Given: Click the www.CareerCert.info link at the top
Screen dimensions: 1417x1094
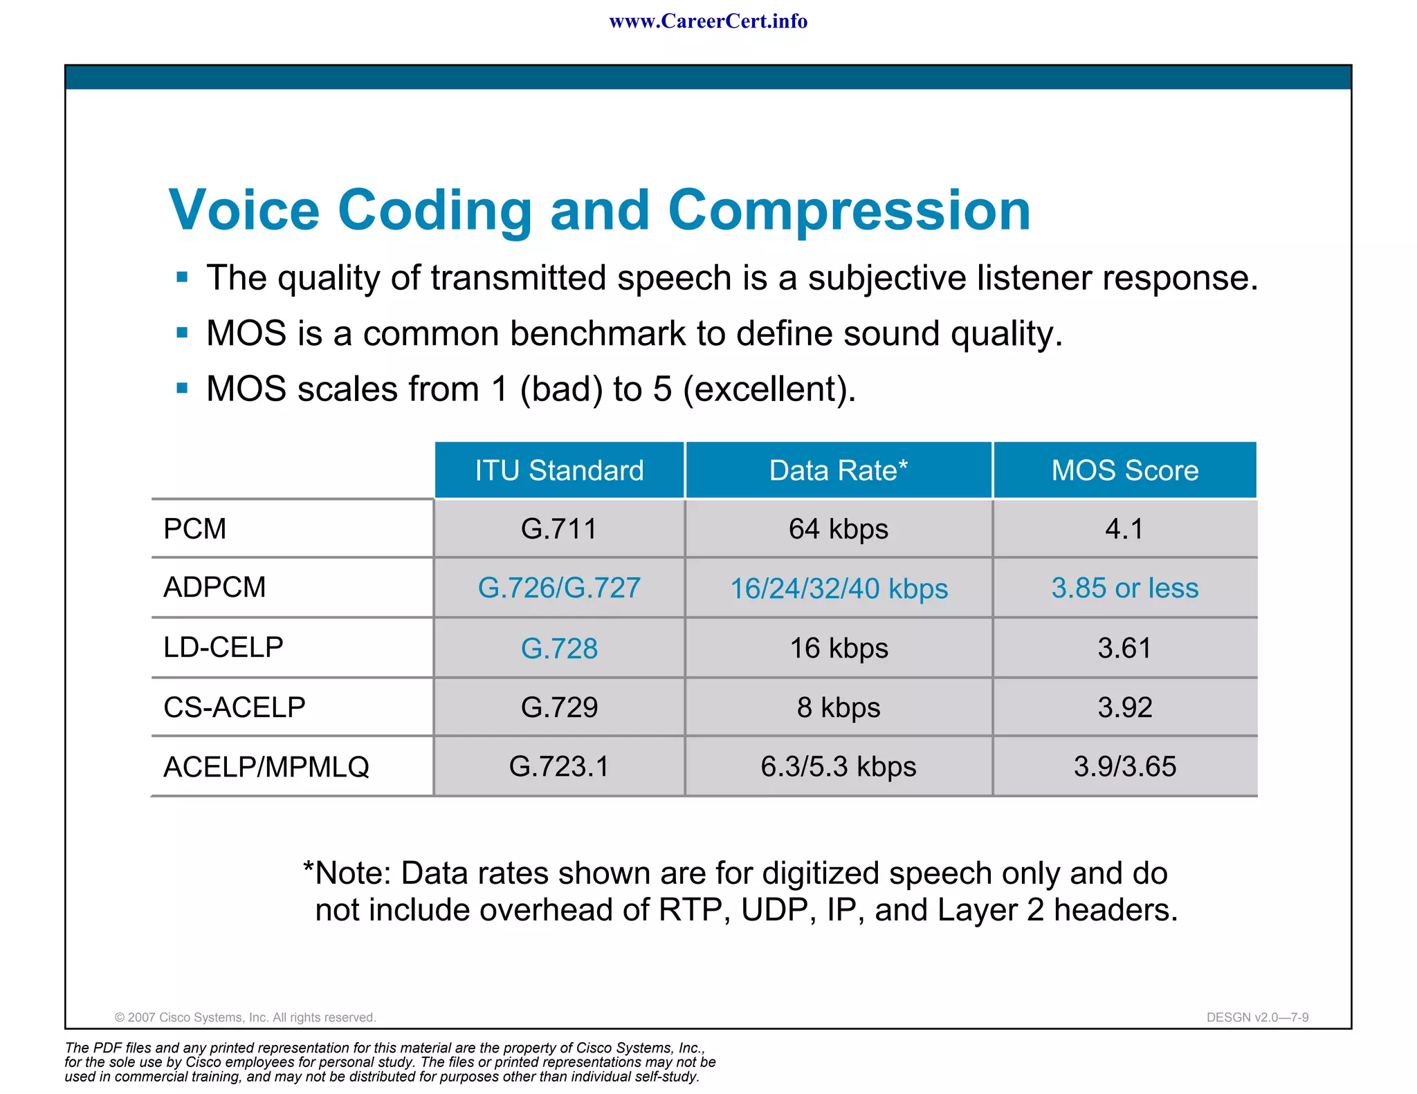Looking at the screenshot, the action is point(708,21).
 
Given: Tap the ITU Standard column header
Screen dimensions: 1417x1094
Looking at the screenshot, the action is point(559,470).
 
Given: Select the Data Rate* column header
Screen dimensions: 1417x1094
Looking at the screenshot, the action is point(838,470).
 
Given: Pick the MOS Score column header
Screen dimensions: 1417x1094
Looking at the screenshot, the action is point(1124,470).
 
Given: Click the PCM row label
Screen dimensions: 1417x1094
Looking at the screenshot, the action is point(195,529).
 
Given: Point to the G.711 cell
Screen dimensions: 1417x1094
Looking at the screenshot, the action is point(559,529).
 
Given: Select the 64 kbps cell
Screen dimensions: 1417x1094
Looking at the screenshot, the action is point(838,529).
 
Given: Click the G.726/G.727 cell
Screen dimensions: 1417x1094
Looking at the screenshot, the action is point(559,588).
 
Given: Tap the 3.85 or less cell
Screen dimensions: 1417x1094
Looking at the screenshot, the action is point(1124,588).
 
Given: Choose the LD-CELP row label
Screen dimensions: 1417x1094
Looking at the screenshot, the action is point(223,647).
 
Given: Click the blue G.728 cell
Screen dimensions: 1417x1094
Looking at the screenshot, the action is point(559,649).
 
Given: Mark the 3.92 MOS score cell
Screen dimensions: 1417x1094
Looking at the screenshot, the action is point(1124,707).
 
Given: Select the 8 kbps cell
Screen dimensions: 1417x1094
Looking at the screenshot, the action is point(838,707).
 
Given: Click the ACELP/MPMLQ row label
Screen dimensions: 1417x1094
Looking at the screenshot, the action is point(266,767).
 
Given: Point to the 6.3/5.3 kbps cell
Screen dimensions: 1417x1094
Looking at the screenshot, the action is point(838,767).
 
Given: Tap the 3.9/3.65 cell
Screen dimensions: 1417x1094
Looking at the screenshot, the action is point(1124,767).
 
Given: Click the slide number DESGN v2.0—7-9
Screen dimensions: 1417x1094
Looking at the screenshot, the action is point(1257,1017).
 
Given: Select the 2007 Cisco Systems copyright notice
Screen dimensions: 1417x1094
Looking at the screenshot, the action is point(245,1017).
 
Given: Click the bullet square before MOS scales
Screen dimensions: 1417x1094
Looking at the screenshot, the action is point(183,388).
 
